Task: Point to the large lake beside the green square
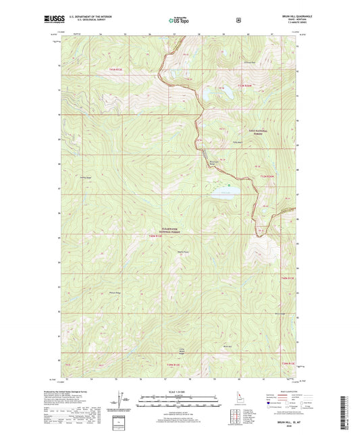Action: [x=222, y=193]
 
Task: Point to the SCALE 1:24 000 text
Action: [x=178, y=392]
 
